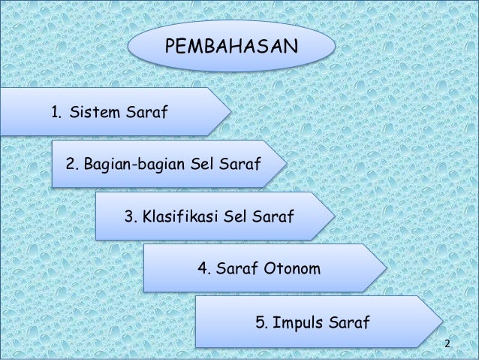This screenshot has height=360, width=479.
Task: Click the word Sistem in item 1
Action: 93,113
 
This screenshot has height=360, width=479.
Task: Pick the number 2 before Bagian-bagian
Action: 72,164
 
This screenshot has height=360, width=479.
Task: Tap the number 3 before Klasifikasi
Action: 129,217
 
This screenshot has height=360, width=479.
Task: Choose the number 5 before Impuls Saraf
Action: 261,324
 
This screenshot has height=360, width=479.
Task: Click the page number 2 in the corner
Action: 447,344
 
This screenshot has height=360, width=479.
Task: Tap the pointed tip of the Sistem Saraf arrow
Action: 228,111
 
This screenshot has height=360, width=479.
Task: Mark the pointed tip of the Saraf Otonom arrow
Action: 385,267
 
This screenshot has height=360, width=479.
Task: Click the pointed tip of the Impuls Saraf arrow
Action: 440,321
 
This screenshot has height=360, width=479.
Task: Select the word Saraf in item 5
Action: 349,324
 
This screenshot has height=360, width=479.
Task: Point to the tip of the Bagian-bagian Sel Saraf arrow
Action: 285,162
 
